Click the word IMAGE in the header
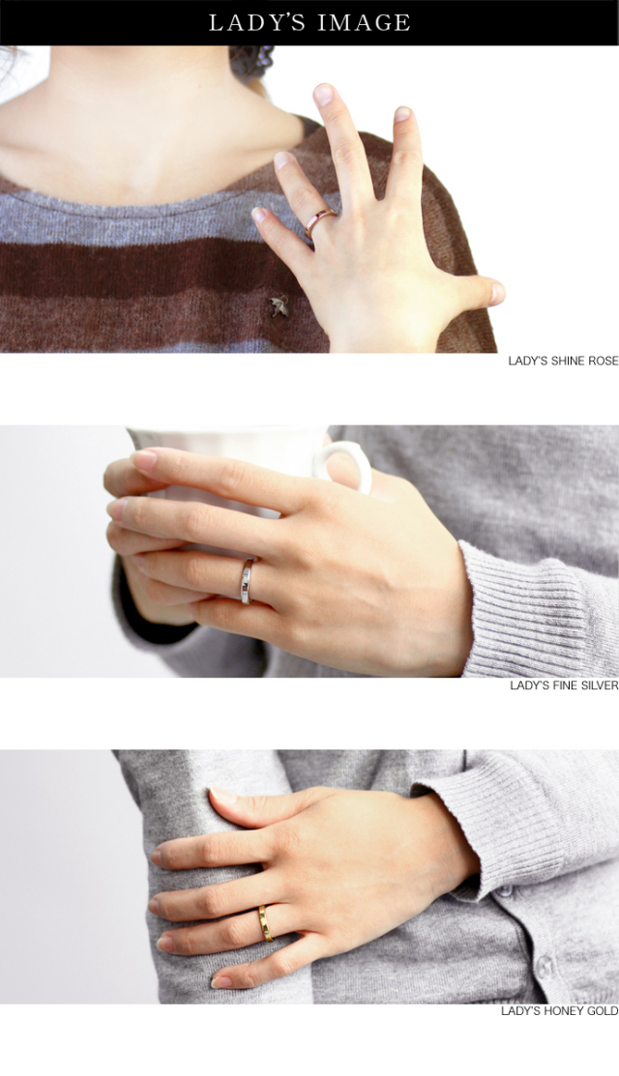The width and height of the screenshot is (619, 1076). [364, 22]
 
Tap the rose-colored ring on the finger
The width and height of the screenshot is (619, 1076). [320, 222]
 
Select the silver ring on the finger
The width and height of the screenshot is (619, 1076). [247, 581]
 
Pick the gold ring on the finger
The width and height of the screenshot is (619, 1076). [265, 923]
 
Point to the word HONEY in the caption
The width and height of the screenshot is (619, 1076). [566, 1011]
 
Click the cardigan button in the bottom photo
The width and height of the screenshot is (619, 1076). [545, 966]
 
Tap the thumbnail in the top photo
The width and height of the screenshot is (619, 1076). [497, 293]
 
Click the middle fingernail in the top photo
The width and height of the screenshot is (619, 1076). [323, 94]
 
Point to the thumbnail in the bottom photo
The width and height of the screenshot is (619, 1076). [223, 796]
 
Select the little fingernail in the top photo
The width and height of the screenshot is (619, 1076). [257, 216]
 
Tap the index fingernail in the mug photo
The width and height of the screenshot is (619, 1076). [143, 459]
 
